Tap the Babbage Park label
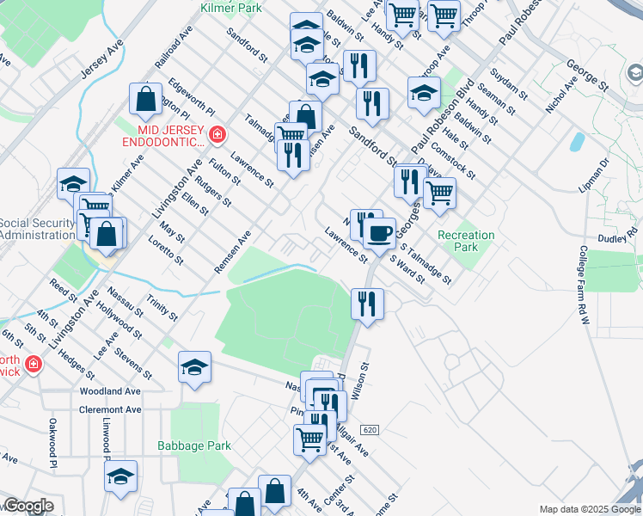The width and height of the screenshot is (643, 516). (x=194, y=446)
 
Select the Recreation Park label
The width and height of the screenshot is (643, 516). (x=466, y=241)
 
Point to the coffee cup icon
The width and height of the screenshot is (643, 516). (x=378, y=231)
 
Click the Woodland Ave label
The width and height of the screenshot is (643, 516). (x=109, y=391)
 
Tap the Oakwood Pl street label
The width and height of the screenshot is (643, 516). (x=52, y=438)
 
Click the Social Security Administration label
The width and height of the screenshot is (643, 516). (x=38, y=229)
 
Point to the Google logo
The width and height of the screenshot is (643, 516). (x=28, y=507)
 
